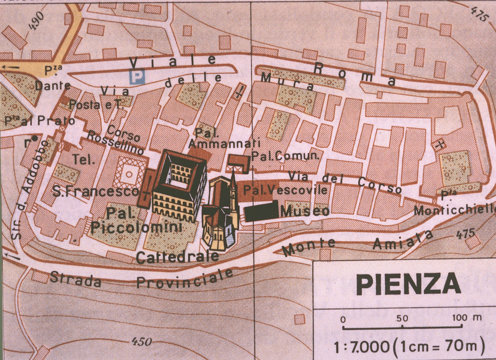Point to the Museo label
click(x=305, y=211)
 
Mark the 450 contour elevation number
click(x=142, y=342)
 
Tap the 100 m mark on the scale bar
click(x=468, y=319)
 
